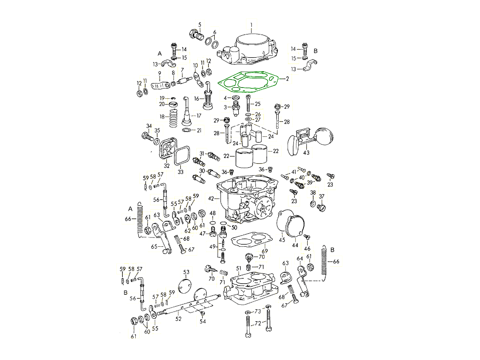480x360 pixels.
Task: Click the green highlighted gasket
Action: [248, 82]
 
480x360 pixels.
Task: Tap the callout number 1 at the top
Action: [251, 25]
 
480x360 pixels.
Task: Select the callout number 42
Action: [211, 198]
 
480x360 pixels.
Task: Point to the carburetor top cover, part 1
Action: [248, 49]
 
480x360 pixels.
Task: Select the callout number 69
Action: [264, 251]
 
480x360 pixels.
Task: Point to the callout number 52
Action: [178, 319]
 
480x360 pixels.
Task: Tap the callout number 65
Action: [154, 246]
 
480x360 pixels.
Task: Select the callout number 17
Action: [199, 116]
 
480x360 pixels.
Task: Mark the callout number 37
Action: [322, 196]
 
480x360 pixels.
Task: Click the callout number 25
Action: [258, 104]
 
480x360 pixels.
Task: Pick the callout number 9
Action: [160, 73]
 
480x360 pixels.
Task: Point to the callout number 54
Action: [203, 321]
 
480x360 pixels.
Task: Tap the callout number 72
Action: [258, 323]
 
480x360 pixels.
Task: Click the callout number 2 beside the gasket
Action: [287, 79]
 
